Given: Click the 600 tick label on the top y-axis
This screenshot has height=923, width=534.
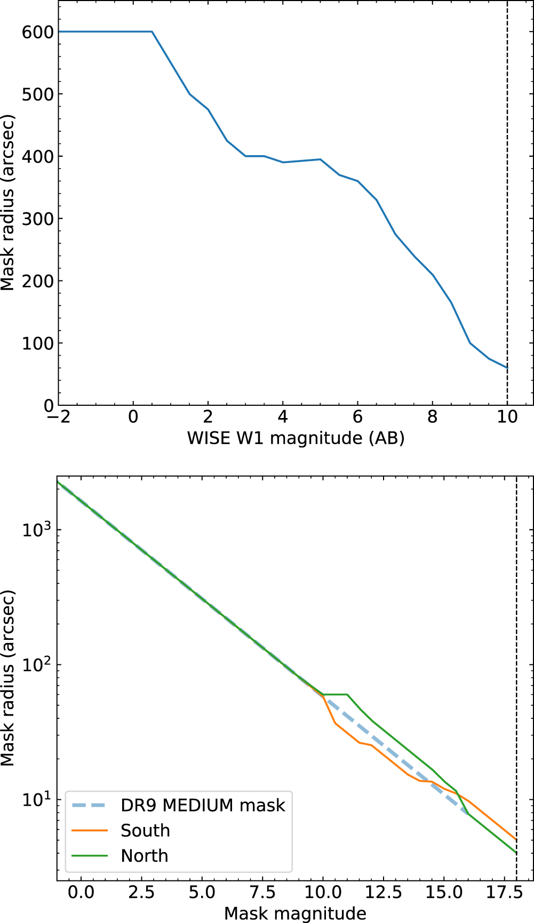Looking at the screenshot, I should tap(37, 32).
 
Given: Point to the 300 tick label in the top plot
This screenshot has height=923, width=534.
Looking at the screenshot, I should tap(37, 219).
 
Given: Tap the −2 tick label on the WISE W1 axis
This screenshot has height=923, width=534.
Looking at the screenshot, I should tap(59, 418).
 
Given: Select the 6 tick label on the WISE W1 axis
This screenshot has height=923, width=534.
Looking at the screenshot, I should tap(357, 418).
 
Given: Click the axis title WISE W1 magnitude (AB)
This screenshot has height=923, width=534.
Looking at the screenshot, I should tap(296, 438).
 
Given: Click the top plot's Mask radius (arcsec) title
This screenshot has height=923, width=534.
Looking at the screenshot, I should tap(7, 203).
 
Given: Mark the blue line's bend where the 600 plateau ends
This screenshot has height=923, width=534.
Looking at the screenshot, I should tap(152, 31).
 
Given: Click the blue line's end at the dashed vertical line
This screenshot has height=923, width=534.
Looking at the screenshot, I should tap(507, 368).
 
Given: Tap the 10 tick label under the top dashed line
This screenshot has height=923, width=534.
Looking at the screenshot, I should tap(507, 418).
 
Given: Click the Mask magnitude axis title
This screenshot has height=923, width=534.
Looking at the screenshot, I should tap(295, 913).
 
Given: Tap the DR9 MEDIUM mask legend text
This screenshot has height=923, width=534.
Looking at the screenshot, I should tap(203, 805).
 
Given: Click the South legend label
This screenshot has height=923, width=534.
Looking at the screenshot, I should tap(145, 831).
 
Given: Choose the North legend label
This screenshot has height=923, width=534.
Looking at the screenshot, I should tap(144, 856).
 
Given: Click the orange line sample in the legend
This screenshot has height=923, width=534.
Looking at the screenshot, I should tap(90, 831).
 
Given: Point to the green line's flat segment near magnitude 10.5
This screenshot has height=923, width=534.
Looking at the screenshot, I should tap(335, 694).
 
